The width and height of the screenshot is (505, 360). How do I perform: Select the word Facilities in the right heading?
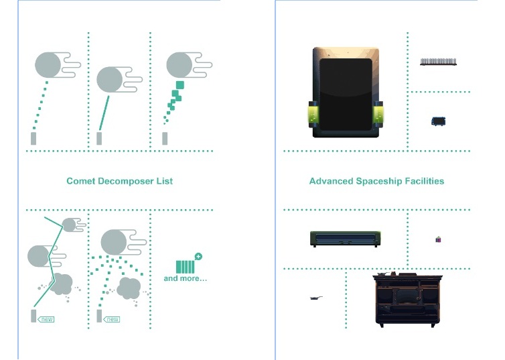[x=425, y=181]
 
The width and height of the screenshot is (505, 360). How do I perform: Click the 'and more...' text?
[x=185, y=278]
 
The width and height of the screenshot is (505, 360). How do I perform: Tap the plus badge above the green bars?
[x=198, y=257]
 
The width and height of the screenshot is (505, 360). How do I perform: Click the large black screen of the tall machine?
[x=346, y=94]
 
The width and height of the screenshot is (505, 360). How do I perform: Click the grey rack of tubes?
[x=438, y=62]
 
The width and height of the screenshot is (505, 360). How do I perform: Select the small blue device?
[x=438, y=121]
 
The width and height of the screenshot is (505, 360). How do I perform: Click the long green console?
[x=345, y=239]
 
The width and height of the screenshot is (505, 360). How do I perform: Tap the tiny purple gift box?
[x=438, y=239]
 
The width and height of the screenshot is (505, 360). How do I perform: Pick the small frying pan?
[x=316, y=298]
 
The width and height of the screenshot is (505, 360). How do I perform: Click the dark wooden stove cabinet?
[x=407, y=300]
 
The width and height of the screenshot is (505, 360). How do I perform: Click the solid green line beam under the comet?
[x=104, y=113]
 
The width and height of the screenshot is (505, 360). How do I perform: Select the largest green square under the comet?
[x=180, y=84]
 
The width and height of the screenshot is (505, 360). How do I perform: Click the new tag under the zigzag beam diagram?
[x=46, y=319]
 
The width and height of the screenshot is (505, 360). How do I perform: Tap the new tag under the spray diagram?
[x=112, y=319]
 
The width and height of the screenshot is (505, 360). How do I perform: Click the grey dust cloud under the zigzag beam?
[x=62, y=284]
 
